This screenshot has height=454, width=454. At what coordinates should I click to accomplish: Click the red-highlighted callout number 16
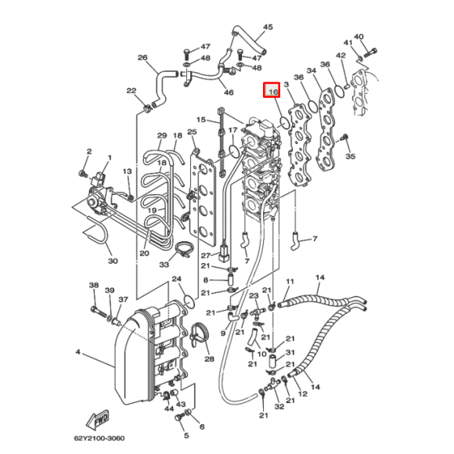click(272, 92)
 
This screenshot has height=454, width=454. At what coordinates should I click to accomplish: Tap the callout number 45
click(268, 27)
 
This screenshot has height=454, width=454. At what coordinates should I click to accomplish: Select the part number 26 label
click(142, 58)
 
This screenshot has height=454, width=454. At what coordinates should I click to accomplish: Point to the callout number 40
click(359, 37)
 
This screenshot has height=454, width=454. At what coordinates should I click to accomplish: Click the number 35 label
click(350, 157)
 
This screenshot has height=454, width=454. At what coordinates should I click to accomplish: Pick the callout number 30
click(112, 261)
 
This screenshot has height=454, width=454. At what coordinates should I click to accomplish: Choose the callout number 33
click(164, 265)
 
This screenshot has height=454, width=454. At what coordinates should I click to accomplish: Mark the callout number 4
click(78, 352)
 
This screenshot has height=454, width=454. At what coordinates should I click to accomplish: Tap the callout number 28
click(209, 359)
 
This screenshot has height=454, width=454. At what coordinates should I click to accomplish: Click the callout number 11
click(290, 281)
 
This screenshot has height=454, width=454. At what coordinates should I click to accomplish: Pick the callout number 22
click(131, 91)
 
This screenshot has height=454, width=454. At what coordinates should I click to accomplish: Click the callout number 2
click(89, 151)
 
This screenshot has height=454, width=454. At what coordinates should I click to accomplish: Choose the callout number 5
click(186, 434)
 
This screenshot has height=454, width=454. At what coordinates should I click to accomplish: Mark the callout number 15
click(200, 120)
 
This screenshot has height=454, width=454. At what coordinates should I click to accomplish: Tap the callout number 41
click(348, 42)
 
